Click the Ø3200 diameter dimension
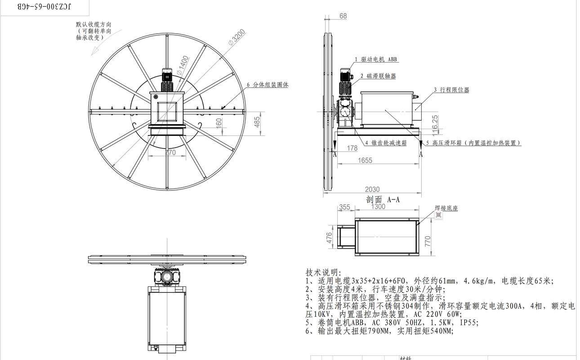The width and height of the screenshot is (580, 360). click(x=236, y=37)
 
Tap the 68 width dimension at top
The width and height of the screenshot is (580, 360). click(x=343, y=16)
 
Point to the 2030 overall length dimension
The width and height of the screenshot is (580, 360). click(x=372, y=189)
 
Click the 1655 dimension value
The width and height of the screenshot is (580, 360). click(x=365, y=160)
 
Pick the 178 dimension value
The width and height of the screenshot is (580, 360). click(x=352, y=148)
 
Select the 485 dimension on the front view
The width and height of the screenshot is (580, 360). click(x=257, y=122)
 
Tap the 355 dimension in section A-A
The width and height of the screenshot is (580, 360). click(x=344, y=207)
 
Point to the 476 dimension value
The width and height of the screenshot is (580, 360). click(x=329, y=237)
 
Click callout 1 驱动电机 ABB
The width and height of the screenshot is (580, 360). click(x=376, y=59)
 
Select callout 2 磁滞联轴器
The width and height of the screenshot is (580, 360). click(x=378, y=76)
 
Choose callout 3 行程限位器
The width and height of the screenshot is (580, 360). click(x=451, y=90)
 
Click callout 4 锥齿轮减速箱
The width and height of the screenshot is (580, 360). click(x=386, y=143)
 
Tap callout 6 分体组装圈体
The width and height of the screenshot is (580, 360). click(x=268, y=85)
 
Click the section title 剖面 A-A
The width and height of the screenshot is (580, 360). click(x=383, y=199)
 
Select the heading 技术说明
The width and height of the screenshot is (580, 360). click(x=323, y=273)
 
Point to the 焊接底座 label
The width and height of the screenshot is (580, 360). click(x=446, y=208)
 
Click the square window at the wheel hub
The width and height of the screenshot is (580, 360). click(x=167, y=111)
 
